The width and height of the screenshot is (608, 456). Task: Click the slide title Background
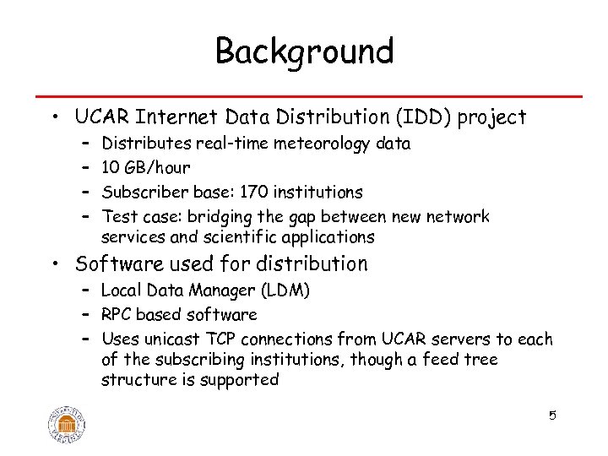point(304,52)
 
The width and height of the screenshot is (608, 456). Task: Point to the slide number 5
point(552,415)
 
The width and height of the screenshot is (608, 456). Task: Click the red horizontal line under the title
point(304,96)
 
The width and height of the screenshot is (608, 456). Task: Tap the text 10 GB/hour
point(145,168)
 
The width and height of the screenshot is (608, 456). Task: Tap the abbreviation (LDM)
point(287,291)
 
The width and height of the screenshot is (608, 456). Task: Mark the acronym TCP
point(220,339)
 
